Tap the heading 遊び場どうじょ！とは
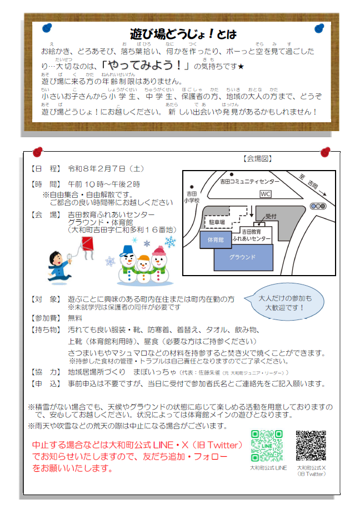[183, 34]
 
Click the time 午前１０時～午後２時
[103, 184]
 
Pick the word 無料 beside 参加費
[75, 318]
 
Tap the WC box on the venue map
[266, 193]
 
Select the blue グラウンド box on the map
[242, 257]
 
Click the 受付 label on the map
[271, 216]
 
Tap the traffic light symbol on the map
[318, 206]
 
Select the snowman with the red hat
[159, 264]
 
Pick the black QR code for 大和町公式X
[311, 446]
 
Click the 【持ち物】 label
[45, 330]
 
